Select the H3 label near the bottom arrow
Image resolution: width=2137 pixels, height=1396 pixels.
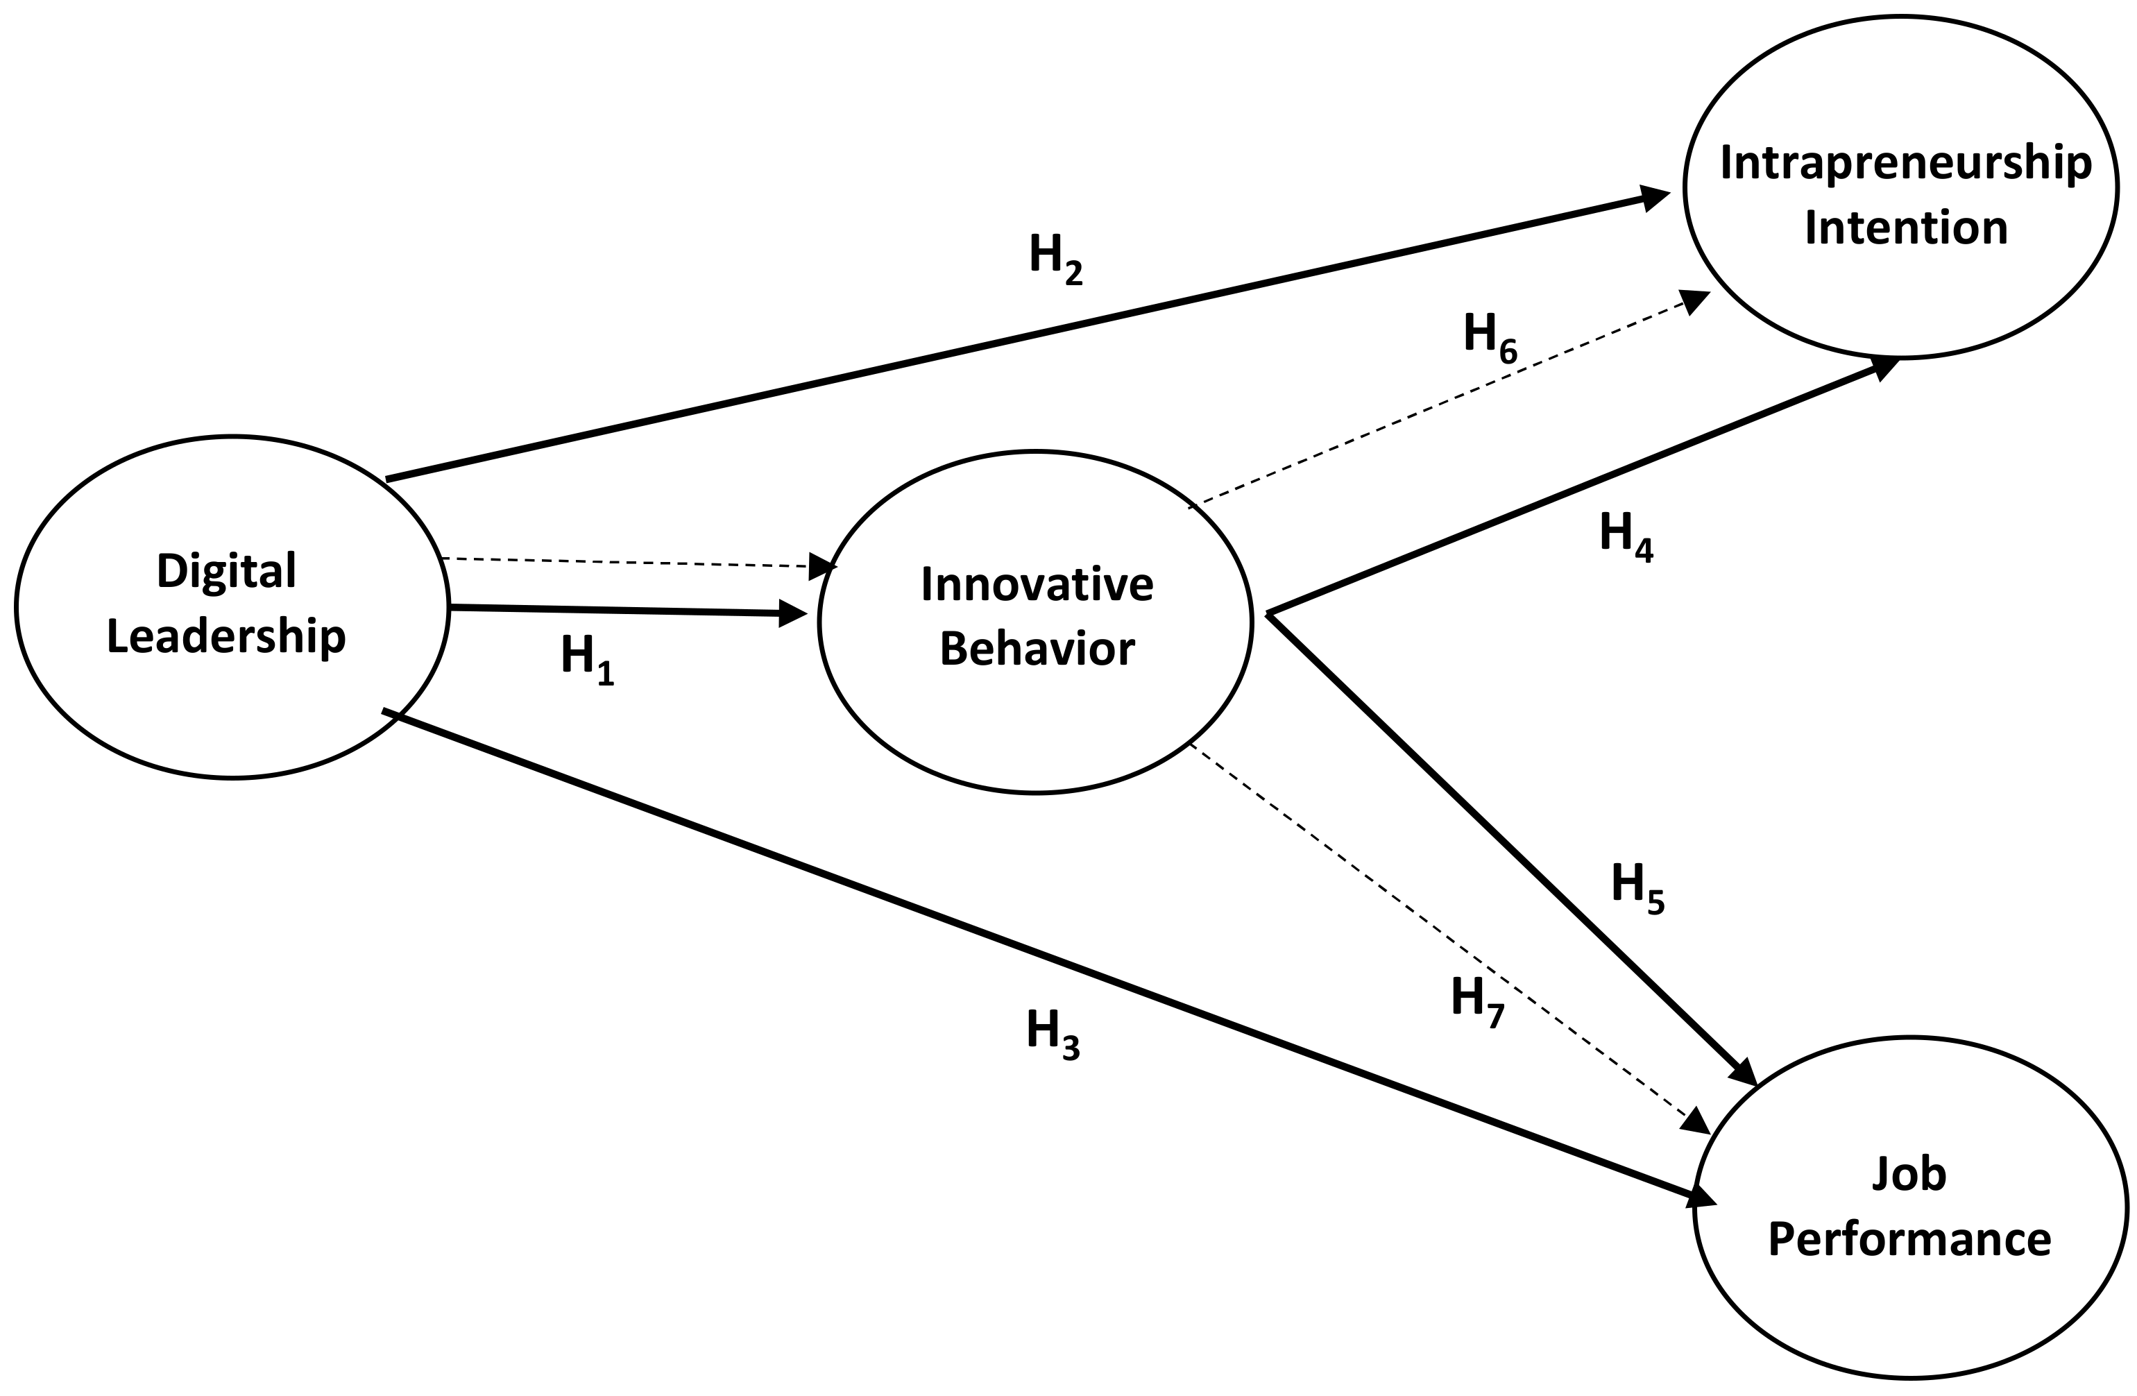(x=1053, y=1033)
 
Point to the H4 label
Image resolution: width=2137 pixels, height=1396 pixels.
(x=1625, y=536)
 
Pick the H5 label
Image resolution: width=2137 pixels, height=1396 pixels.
(x=1637, y=887)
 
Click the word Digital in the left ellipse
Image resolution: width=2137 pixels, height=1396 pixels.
(x=226, y=571)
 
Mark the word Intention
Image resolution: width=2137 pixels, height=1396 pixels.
(x=1905, y=228)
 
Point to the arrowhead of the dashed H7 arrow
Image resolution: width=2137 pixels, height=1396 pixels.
(x=1695, y=1122)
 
